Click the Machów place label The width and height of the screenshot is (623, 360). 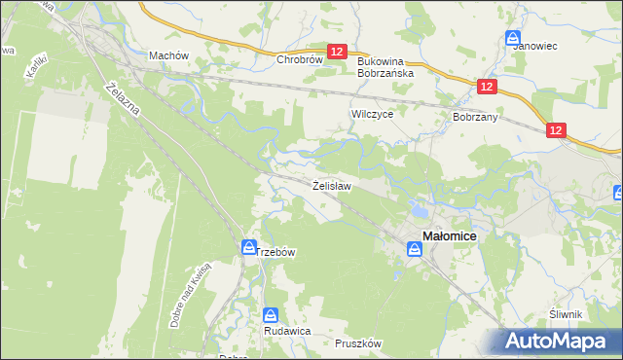(x=167, y=55)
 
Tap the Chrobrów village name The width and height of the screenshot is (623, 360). (x=299, y=58)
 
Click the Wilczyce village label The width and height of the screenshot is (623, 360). (x=371, y=114)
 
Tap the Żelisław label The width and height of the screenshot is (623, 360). (x=331, y=184)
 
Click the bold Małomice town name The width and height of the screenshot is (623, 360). (x=456, y=234)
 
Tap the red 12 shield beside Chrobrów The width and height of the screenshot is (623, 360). (x=337, y=52)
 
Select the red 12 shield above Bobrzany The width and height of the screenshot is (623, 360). (x=488, y=88)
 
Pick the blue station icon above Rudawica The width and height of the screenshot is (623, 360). (x=272, y=315)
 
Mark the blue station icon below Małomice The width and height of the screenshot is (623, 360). (x=415, y=249)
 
